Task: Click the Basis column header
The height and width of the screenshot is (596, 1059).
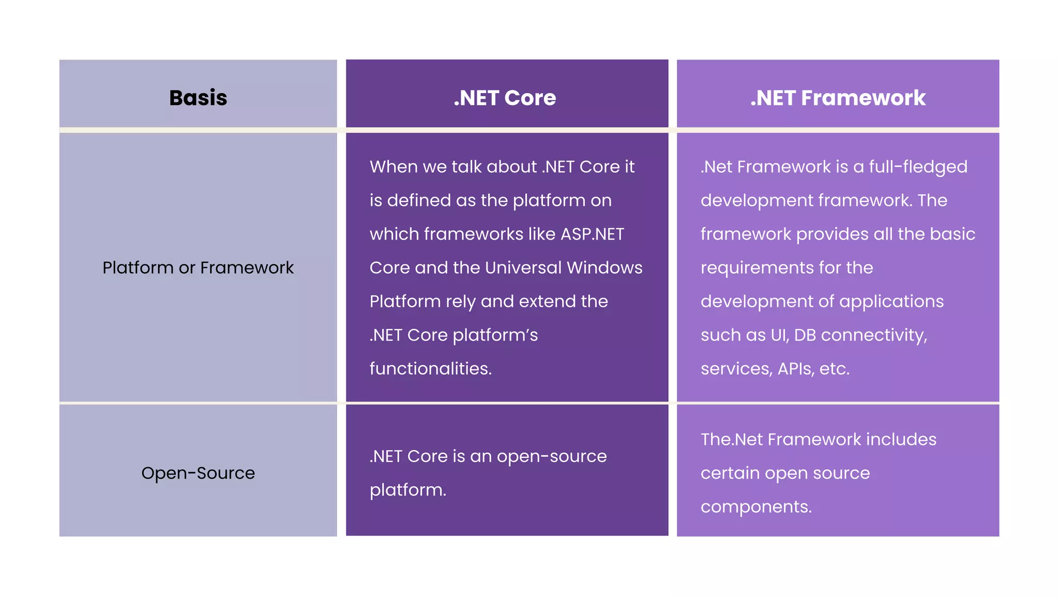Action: point(198,98)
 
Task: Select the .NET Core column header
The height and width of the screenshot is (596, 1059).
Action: point(505,98)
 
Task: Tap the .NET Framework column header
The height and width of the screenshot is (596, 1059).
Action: point(838,98)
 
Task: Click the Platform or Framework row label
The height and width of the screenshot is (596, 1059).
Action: point(198,267)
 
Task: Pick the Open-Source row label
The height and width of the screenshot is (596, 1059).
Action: point(198,473)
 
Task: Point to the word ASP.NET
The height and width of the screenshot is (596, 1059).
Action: point(592,234)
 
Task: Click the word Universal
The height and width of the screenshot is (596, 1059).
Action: point(523,267)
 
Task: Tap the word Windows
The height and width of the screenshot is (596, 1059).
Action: point(604,267)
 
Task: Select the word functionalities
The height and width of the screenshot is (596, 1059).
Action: point(430,368)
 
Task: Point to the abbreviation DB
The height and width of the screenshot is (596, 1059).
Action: point(805,335)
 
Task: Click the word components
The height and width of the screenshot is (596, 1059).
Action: point(756,506)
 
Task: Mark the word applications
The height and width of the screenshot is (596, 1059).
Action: point(891,302)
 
